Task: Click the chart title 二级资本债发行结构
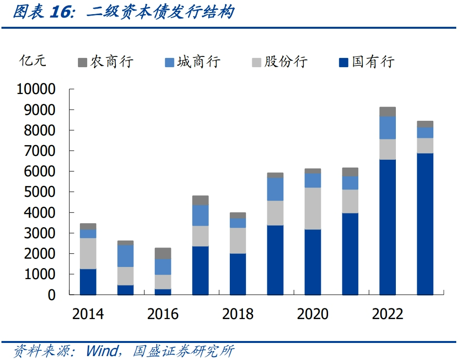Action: point(160,12)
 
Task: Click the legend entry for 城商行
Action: point(193,62)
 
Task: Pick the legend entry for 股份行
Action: point(280,62)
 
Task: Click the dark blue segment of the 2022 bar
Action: point(388,227)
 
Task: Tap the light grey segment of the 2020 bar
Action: point(313,208)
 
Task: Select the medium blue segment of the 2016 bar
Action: point(163,267)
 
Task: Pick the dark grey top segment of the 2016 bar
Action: point(163,253)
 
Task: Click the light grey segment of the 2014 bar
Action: point(88,253)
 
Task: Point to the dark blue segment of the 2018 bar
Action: point(238,274)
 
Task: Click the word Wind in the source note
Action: point(101,351)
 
